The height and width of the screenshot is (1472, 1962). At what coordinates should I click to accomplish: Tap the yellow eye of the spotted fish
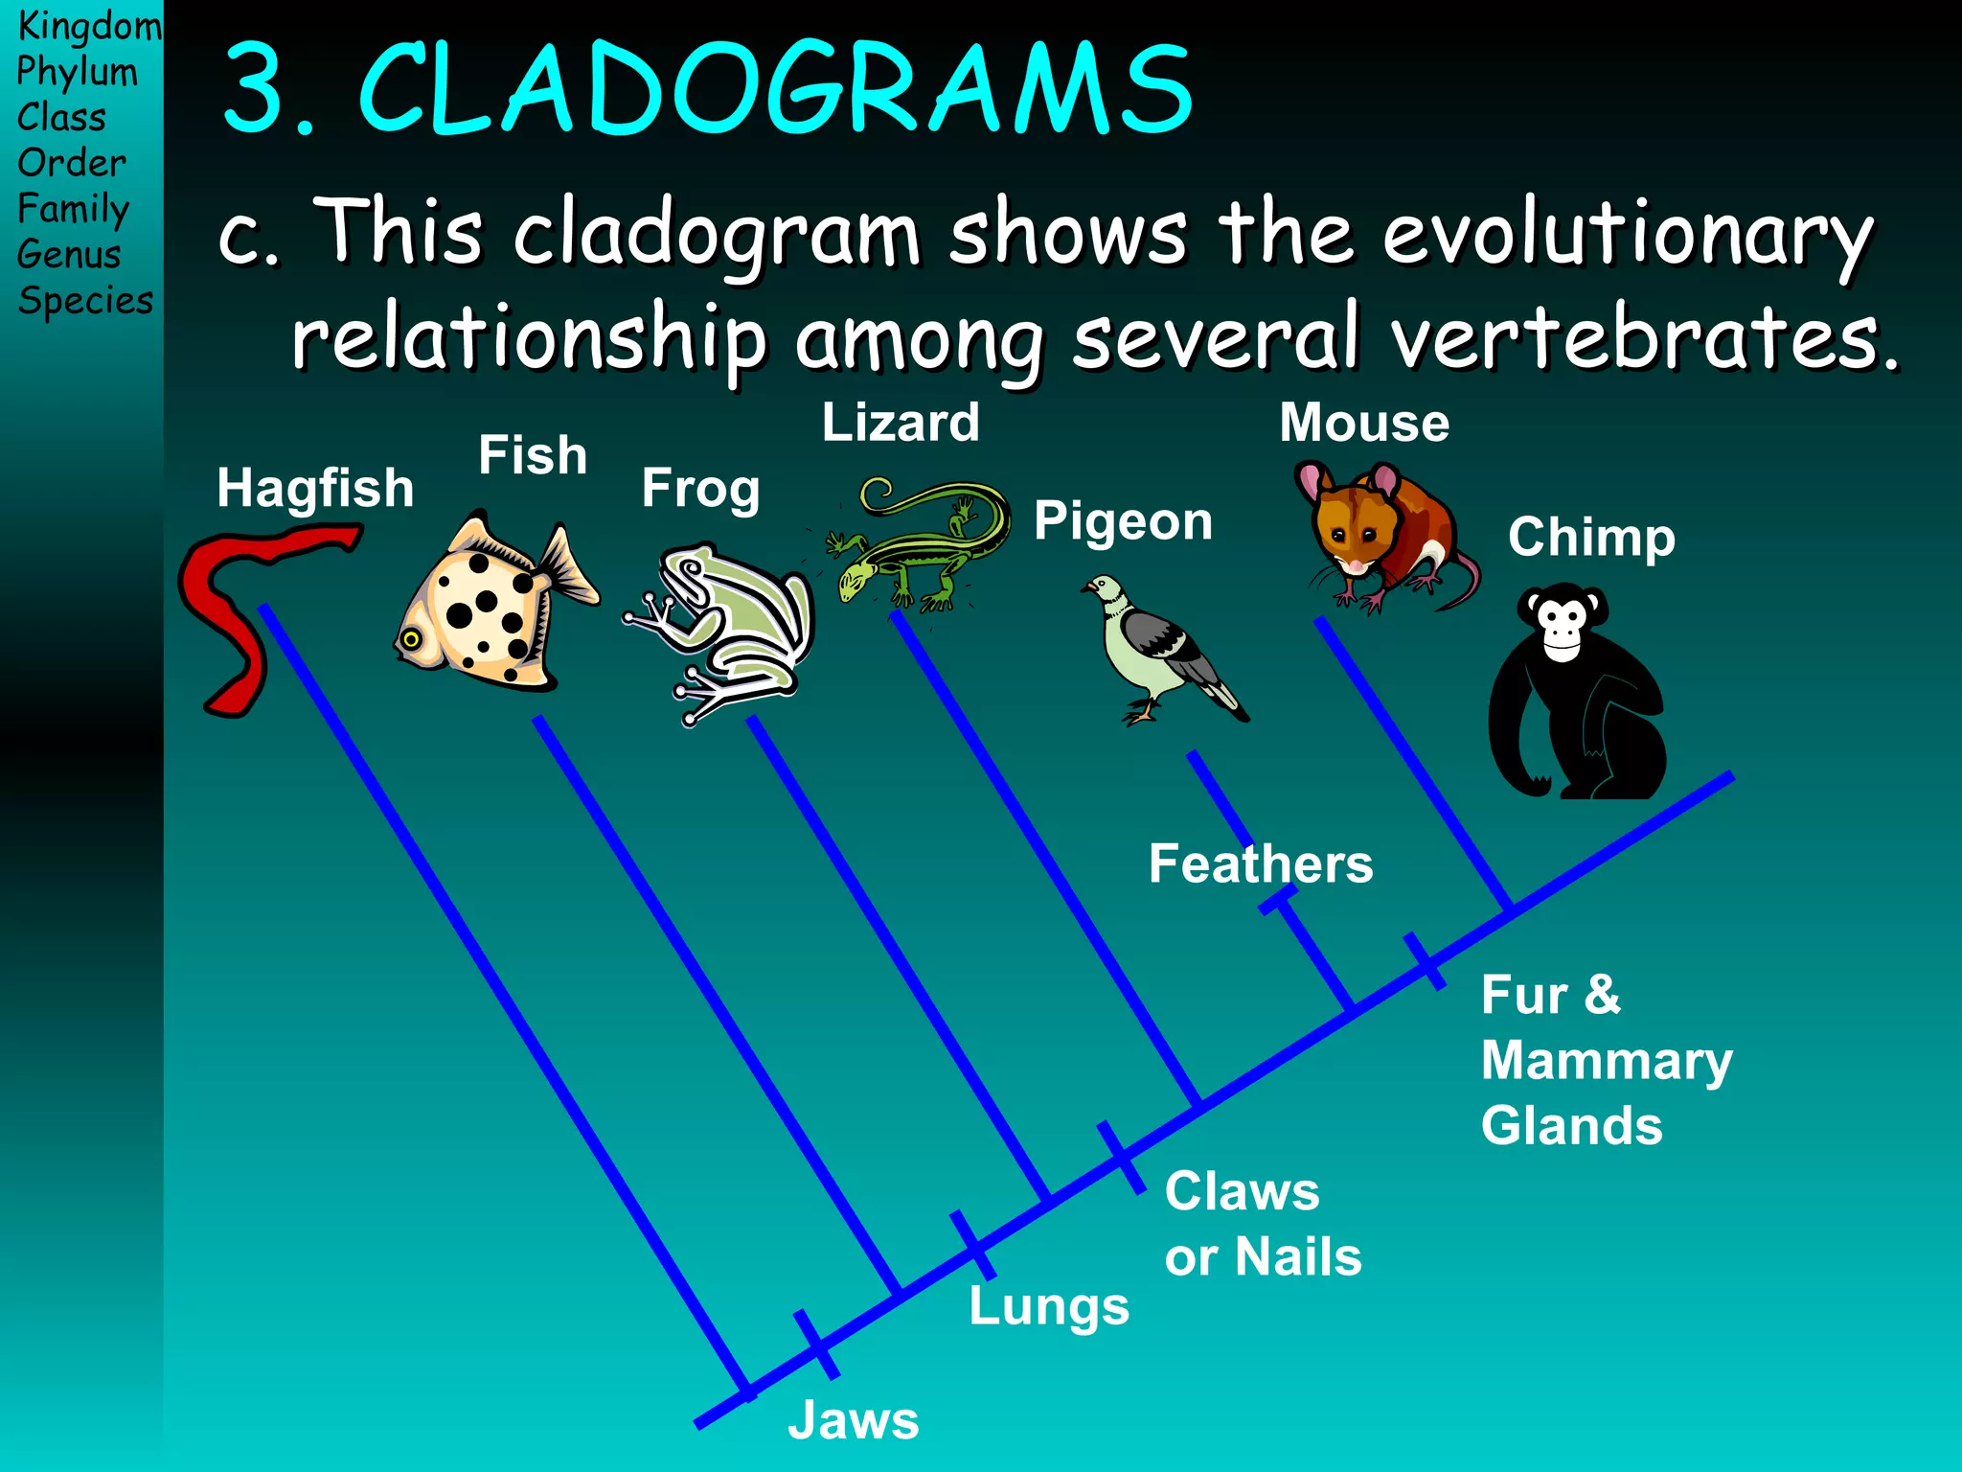click(411, 639)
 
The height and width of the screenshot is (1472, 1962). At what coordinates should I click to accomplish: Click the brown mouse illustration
click(1380, 537)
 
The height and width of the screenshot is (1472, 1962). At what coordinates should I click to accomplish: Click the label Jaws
click(853, 1420)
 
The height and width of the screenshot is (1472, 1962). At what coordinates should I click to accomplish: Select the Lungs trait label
click(1049, 1305)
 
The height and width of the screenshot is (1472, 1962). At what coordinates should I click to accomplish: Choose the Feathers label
click(1261, 863)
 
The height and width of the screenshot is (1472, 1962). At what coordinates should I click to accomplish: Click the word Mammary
click(1607, 1061)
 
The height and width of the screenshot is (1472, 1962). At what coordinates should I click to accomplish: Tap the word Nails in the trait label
click(1298, 1256)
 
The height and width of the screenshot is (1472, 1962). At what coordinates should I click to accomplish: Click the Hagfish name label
click(315, 488)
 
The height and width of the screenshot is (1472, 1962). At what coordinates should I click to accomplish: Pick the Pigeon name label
click(1123, 521)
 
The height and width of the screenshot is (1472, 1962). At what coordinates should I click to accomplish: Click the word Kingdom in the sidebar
click(89, 26)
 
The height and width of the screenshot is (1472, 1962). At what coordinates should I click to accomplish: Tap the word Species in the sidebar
click(85, 301)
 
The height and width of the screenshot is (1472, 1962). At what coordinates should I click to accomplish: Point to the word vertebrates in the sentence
click(1643, 337)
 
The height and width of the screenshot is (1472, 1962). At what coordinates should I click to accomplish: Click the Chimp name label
click(1591, 537)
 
